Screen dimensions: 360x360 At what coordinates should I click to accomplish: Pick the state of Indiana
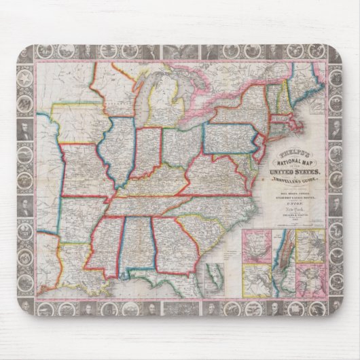(147, 151)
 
